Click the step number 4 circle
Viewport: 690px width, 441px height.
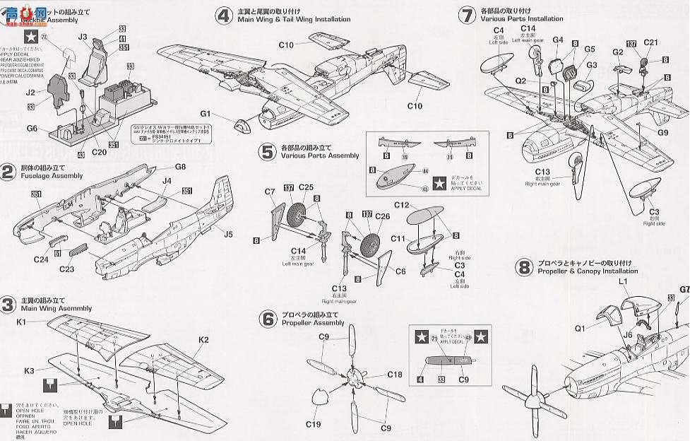tap(225, 16)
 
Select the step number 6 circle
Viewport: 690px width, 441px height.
tap(268, 319)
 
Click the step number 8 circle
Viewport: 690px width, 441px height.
tap(524, 267)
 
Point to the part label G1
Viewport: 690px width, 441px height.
tap(206, 113)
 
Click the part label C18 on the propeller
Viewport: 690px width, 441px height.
tap(394, 374)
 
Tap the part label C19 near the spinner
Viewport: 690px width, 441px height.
tap(314, 424)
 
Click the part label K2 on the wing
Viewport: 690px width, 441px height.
tap(203, 340)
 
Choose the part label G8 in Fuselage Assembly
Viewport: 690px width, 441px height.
tap(181, 167)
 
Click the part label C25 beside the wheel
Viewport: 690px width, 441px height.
tap(305, 187)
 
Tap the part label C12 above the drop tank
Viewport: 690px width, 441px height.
tap(402, 205)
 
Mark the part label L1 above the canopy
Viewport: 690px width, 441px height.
tap(623, 281)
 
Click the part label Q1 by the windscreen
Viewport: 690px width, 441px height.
tap(580, 328)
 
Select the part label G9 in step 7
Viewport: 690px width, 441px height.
tap(662, 132)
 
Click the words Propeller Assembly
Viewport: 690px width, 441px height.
tap(314, 323)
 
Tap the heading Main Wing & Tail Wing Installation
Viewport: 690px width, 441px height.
tap(295, 19)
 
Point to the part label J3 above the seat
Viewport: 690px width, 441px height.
tap(83, 36)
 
